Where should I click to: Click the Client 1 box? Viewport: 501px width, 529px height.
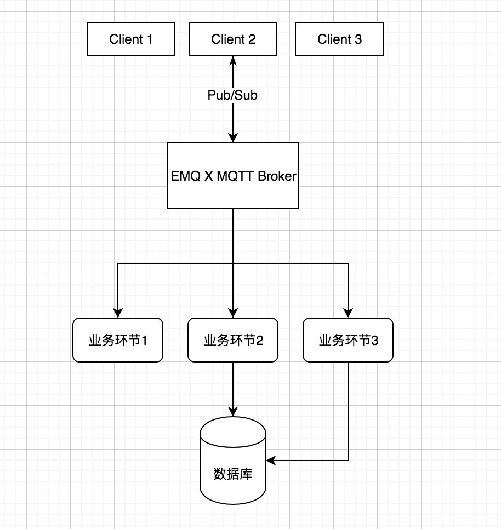131,39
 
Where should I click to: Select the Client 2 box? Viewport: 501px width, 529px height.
234,39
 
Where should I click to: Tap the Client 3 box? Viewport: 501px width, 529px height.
339,39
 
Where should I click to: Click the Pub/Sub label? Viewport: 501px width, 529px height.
232,95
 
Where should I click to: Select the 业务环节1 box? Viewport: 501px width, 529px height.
118,340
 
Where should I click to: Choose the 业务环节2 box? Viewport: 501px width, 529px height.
233,340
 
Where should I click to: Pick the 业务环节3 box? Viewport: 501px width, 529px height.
348,340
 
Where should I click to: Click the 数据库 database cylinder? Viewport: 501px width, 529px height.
233,465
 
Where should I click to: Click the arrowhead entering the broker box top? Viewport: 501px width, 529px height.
234,139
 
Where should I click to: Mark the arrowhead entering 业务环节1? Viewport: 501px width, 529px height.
118,314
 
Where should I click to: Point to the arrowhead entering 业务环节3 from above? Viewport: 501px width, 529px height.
348,314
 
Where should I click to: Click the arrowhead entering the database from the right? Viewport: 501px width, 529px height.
271,461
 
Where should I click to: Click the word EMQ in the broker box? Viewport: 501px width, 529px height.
182,176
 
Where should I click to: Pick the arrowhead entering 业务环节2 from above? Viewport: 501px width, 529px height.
233,314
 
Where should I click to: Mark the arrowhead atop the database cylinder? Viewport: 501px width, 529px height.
233,412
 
